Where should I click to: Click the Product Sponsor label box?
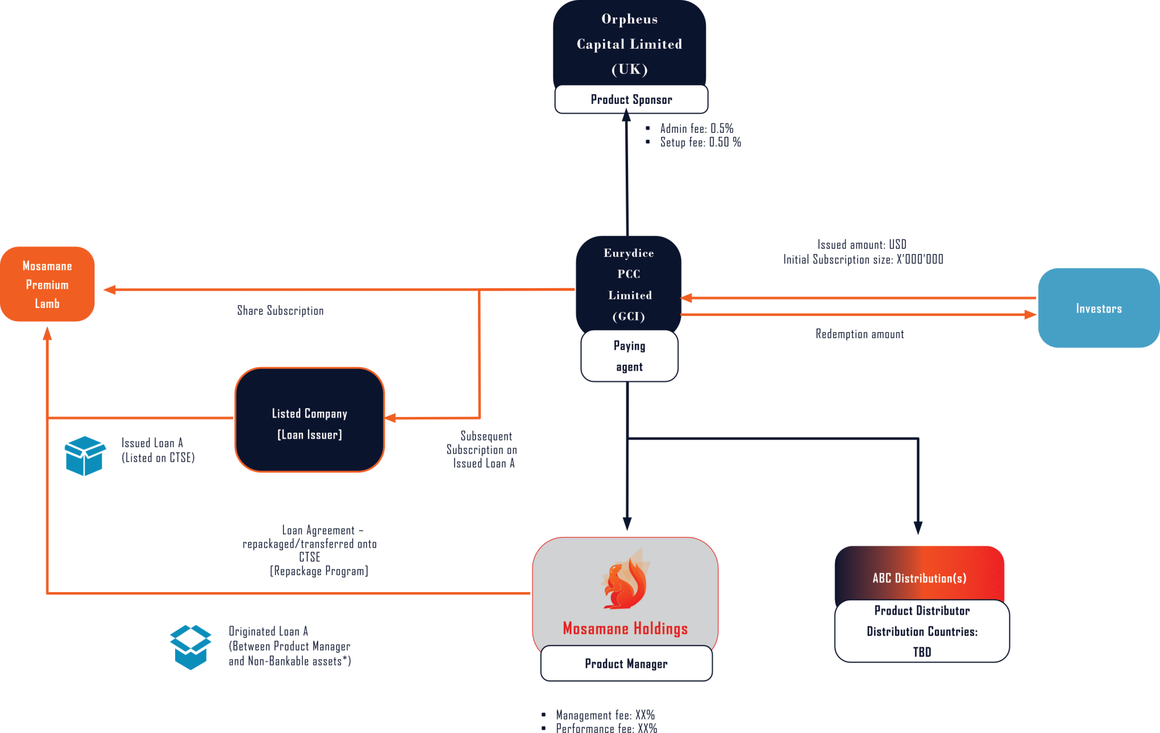click(631, 100)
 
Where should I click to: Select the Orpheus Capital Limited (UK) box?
click(629, 44)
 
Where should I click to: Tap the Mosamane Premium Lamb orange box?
click(47, 284)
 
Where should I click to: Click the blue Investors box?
click(1099, 309)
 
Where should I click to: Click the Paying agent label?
click(629, 356)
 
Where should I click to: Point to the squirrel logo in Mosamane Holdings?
click(625, 580)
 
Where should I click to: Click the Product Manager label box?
click(626, 663)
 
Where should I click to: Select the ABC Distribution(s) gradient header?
click(919, 574)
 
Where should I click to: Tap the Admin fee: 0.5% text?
click(696, 129)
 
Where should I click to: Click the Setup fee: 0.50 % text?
click(700, 142)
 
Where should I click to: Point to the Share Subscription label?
click(280, 311)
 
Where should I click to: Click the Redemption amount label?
click(860, 334)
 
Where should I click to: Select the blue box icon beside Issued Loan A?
click(85, 456)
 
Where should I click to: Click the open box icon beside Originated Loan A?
click(190, 647)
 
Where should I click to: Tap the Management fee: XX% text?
click(605, 715)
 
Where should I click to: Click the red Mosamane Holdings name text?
click(625, 629)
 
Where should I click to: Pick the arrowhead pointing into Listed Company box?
click(391, 418)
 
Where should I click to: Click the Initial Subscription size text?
click(863, 259)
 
